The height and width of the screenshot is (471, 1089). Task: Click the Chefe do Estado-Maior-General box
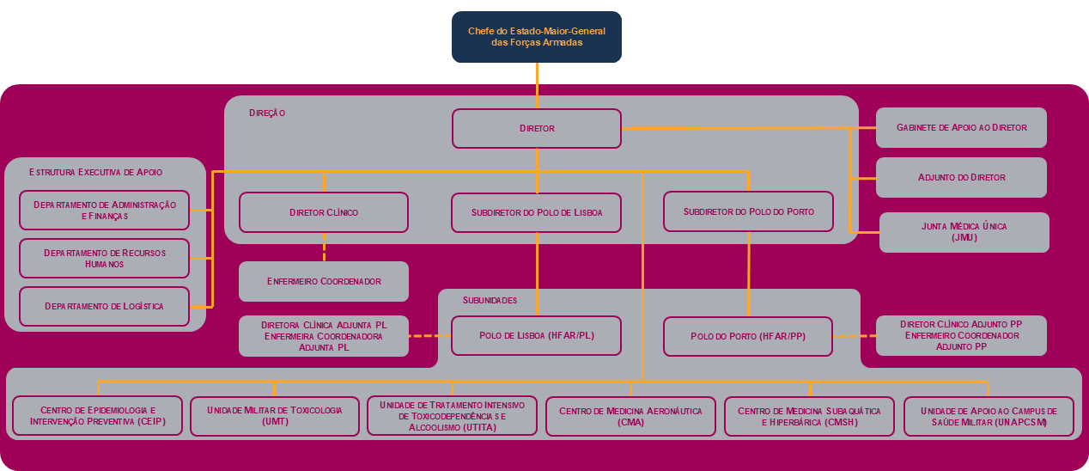(x=537, y=37)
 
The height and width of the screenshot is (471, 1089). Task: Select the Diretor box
(x=537, y=128)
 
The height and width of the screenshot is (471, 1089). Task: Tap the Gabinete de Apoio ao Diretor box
(x=961, y=127)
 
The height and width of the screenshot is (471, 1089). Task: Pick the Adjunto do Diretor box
(x=961, y=177)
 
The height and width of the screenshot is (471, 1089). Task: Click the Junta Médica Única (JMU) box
(x=964, y=232)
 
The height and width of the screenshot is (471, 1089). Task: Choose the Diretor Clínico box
(x=324, y=212)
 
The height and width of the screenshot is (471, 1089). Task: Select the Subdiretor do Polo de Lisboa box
(x=537, y=212)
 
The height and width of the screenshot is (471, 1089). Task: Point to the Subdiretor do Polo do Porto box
(x=748, y=211)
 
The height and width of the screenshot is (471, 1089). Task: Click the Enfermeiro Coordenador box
(x=324, y=281)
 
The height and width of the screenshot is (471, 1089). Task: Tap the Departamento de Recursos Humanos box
(x=104, y=258)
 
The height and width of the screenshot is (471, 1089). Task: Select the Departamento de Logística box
(x=104, y=306)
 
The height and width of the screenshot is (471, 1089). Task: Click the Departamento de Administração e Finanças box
(x=104, y=210)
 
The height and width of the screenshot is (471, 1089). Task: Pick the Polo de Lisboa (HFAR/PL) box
(x=537, y=335)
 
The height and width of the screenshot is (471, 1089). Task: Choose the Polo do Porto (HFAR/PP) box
(x=748, y=336)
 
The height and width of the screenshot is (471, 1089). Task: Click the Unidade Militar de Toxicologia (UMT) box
(x=274, y=416)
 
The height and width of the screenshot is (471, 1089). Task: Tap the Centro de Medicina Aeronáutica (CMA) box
(x=630, y=416)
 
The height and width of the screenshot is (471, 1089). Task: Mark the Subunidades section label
(x=490, y=301)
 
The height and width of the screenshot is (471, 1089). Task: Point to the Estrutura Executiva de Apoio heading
(x=95, y=172)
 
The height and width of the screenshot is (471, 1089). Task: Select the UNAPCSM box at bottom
(x=989, y=416)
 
